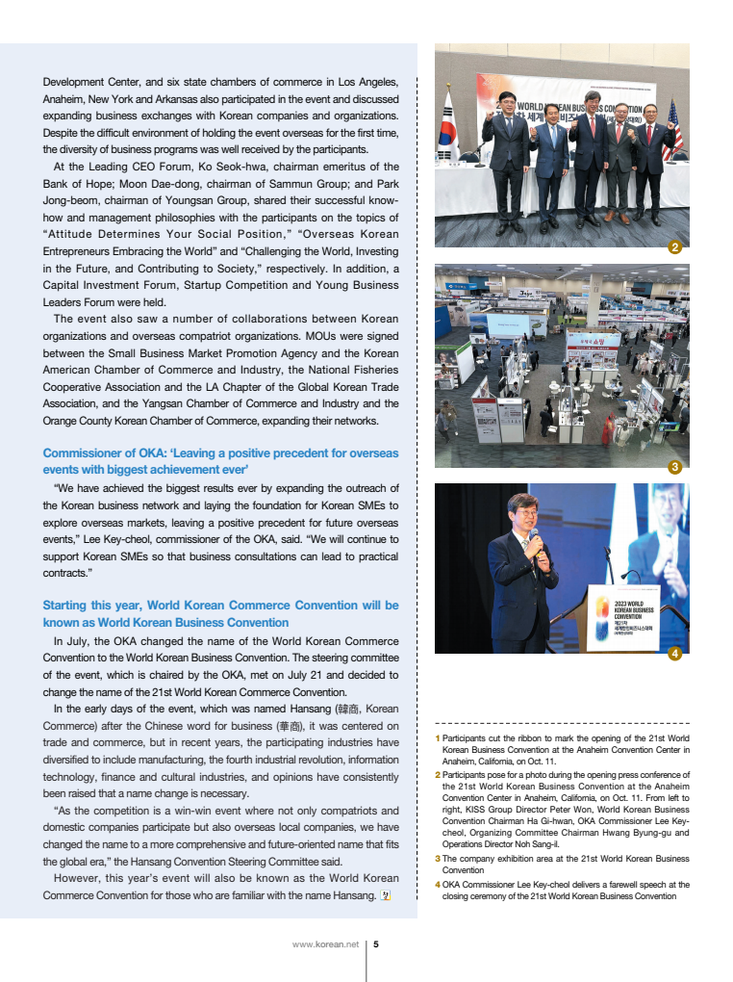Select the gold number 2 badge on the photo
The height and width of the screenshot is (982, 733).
(674, 247)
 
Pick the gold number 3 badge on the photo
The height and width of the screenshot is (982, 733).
(674, 467)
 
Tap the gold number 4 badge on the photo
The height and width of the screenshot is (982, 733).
(674, 654)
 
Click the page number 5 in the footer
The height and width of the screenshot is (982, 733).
(375, 944)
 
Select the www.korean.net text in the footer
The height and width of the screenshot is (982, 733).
(325, 944)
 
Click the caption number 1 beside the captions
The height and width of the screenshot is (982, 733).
(438, 738)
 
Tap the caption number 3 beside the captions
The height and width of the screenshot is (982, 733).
(438, 858)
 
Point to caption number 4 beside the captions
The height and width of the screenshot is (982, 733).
(438, 884)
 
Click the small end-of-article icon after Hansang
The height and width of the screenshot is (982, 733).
(386, 895)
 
